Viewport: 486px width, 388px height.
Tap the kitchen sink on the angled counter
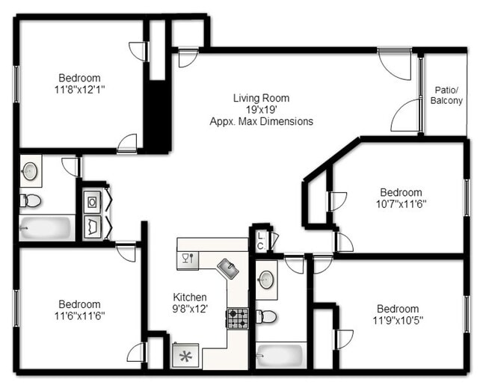pos(227,268)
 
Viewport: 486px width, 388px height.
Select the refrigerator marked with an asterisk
pos(185,356)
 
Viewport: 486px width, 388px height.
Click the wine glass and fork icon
pos(187,259)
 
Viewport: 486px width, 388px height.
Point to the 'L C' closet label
pos(260,240)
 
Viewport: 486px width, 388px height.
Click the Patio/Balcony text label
pos(448,95)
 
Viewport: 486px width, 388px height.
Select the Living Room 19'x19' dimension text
pos(261,109)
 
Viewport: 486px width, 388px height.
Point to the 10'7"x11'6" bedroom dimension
pos(400,203)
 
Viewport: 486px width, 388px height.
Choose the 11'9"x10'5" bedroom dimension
pos(397,320)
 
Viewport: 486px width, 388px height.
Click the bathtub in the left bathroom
pos(46,227)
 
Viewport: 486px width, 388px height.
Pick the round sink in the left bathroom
pos(31,171)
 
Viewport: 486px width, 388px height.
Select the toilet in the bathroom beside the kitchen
pos(266,316)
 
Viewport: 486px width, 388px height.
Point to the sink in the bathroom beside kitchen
pos(266,280)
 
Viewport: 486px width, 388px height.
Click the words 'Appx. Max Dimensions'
pos(261,120)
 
